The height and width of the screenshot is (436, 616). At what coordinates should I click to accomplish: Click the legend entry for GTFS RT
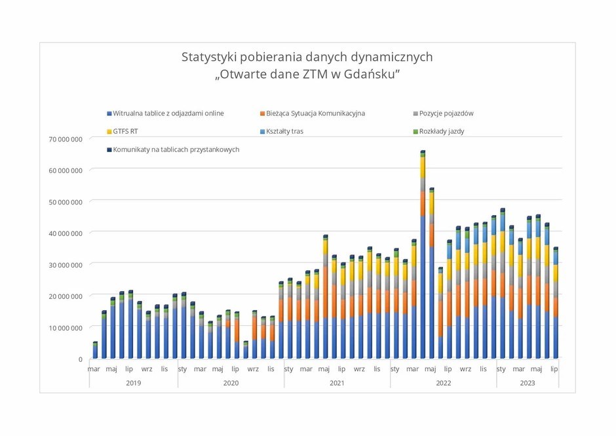pos(125,131)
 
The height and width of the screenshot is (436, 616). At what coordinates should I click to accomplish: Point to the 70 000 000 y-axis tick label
pos(66,139)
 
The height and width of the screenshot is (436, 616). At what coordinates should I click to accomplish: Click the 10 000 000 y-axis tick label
pos(66,328)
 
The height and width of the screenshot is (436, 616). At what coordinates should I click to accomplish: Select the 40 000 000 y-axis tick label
pos(66,233)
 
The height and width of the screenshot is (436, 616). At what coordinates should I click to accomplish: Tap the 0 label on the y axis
pos(81,359)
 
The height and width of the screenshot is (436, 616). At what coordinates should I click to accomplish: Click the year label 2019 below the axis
pos(133,382)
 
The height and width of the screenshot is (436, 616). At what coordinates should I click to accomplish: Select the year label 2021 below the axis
pos(337,382)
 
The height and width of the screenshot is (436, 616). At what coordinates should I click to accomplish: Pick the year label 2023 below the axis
pos(527,382)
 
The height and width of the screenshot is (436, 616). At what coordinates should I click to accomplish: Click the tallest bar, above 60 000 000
pos(423,262)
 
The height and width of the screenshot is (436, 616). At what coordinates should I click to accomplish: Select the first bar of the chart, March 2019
pos(95,351)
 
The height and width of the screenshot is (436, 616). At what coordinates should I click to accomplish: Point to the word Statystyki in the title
pos(208,57)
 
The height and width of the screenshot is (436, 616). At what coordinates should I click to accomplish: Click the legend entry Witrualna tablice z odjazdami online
pos(168,113)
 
